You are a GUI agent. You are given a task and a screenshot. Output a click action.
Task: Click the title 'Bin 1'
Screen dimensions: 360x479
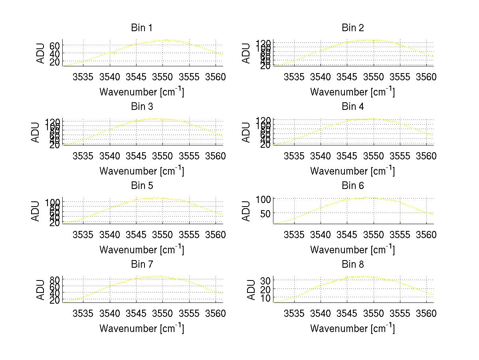pyautogui.click(x=141, y=28)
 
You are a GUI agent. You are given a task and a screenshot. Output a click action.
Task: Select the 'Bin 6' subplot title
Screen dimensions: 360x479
pyautogui.click(x=353, y=186)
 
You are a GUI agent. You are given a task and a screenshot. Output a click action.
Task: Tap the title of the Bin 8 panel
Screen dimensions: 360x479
pyautogui.click(x=353, y=265)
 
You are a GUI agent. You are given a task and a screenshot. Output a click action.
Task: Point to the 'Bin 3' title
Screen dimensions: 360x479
pyautogui.click(x=141, y=107)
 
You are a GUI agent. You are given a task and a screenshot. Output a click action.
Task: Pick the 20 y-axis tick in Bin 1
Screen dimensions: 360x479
pyautogui.click(x=55, y=62)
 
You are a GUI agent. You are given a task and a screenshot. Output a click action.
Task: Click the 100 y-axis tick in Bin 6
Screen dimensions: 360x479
pyautogui.click(x=263, y=199)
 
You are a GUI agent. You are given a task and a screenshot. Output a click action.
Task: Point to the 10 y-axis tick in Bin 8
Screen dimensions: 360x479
pyautogui.click(x=265, y=298)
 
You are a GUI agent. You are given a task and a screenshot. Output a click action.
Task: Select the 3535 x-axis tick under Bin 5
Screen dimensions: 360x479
pyautogui.click(x=83, y=235)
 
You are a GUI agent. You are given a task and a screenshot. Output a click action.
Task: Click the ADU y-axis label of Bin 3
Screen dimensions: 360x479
pyautogui.click(x=36, y=132)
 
